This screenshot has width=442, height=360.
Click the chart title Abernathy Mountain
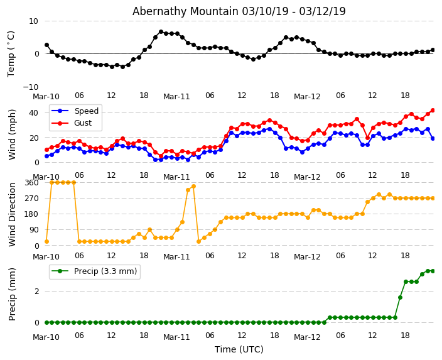pos(239,11)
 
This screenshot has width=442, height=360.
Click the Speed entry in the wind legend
pos(86,111)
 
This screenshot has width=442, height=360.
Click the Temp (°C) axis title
pos(11,53)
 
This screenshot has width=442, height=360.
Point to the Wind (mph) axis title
pos(13,134)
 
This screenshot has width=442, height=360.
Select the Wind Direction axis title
pos(13,214)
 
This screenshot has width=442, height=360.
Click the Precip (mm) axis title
pos(13,293)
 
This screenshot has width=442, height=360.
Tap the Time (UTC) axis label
pos(239,349)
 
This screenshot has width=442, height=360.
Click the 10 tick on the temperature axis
pos(33,21)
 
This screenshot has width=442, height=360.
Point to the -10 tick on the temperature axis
pos(31,87)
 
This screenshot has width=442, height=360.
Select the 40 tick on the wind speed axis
pos(33,112)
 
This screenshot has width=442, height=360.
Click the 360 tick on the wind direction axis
pos(31,182)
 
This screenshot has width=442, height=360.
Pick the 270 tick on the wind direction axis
pos(31,198)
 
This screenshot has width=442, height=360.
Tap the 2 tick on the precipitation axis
pos(36,292)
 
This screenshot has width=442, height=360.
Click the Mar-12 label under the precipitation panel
pos(307,337)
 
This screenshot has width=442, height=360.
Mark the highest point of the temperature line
pos(161,31)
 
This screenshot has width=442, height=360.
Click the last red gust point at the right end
pos(433,110)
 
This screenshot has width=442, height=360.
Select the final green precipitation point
pos(433,271)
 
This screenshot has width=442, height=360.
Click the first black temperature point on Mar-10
pos(46,45)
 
